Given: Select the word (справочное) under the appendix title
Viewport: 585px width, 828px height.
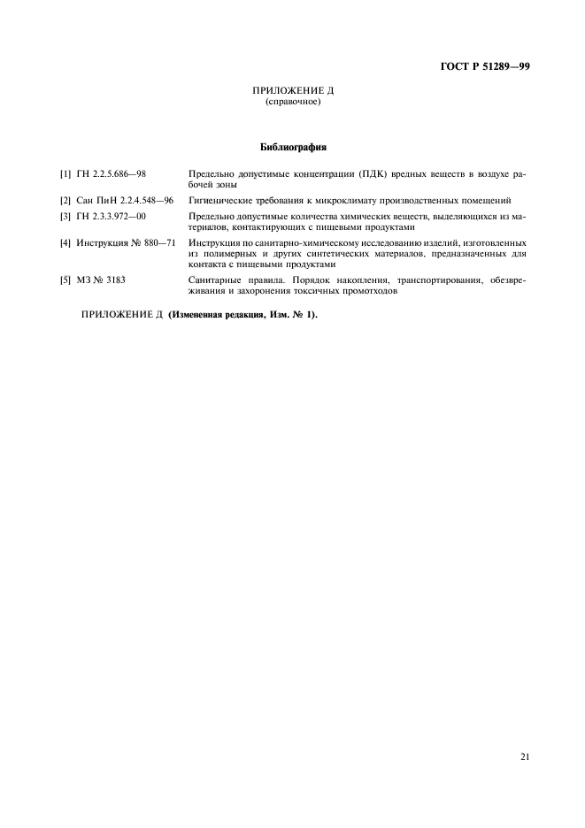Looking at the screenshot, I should (292, 102).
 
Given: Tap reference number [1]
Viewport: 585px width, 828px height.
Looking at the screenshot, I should (65, 174).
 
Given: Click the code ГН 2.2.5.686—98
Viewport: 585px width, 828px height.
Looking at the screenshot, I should (112, 174).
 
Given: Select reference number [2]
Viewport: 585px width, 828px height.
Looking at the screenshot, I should (65, 201).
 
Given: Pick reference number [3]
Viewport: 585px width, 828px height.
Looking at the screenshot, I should (65, 217).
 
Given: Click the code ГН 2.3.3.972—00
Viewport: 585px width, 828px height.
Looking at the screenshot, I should (112, 217).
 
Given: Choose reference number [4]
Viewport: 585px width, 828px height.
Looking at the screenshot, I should (65, 242).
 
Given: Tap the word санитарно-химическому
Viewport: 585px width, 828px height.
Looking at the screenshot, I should (304, 242).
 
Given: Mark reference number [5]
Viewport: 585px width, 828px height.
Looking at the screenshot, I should (65, 280).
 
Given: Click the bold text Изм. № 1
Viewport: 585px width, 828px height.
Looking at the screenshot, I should (292, 314).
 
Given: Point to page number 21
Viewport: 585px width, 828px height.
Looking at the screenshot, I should (524, 757).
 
